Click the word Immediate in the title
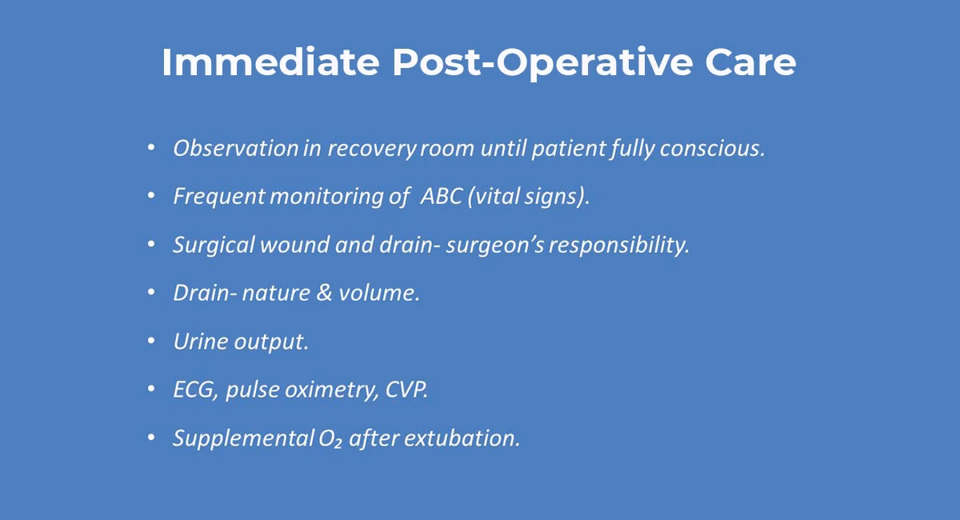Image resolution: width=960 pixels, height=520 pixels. [x=269, y=62]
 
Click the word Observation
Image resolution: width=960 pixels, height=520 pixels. [x=236, y=149]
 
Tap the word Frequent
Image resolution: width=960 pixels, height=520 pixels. [x=218, y=197]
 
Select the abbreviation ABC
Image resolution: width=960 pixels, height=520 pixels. [x=441, y=197]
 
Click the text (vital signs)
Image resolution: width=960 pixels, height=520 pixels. [x=529, y=197]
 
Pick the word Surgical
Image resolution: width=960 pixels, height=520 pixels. [x=214, y=245]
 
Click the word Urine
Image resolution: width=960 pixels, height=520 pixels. [x=200, y=342]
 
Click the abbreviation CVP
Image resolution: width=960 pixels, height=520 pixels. [x=407, y=390]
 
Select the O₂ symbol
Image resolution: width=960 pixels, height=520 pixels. [x=330, y=438]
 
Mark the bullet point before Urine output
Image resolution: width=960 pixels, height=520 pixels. [x=152, y=342]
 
